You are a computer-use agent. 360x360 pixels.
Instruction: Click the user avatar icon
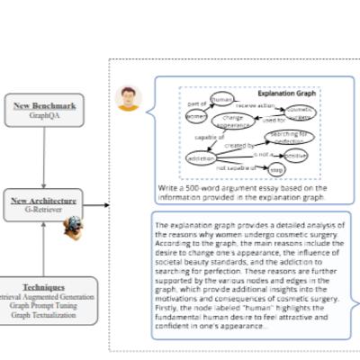pos(129,98)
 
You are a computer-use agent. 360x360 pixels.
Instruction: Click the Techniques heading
pos(43,287)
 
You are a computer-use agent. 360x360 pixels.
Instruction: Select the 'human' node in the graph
pos(220,98)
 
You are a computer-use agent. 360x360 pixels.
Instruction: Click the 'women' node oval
pos(195,116)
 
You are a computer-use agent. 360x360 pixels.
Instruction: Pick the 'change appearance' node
pos(232,121)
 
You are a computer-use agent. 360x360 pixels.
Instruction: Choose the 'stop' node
pos(276,168)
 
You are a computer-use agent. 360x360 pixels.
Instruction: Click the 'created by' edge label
pos(238,145)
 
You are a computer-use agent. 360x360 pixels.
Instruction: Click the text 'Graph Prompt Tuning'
pos(43,304)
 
